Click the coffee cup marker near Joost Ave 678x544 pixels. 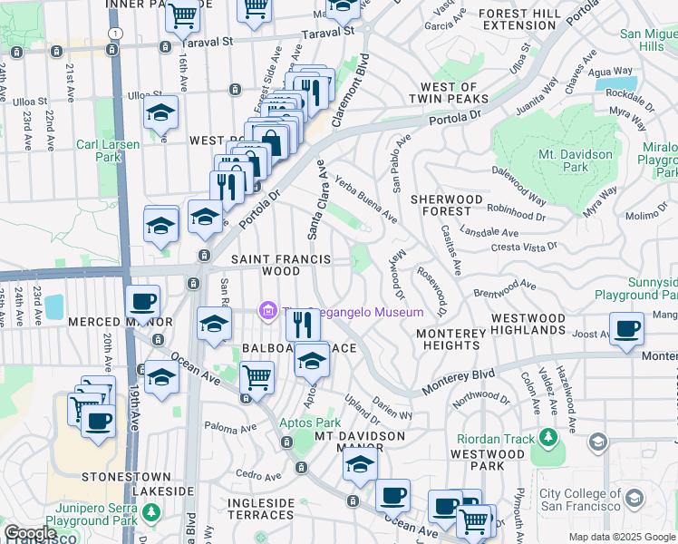(x=625, y=327)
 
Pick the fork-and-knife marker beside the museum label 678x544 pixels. (x=303, y=323)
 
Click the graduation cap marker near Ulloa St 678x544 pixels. (x=160, y=112)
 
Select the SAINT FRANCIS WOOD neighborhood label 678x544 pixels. (x=265, y=265)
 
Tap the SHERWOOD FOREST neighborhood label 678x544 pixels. (x=446, y=206)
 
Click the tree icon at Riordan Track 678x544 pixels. (x=547, y=439)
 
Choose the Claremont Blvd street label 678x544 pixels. (x=353, y=90)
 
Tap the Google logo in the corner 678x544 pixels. (x=29, y=533)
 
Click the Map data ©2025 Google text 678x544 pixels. (x=622, y=537)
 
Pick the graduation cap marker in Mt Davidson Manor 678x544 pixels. (x=360, y=466)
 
